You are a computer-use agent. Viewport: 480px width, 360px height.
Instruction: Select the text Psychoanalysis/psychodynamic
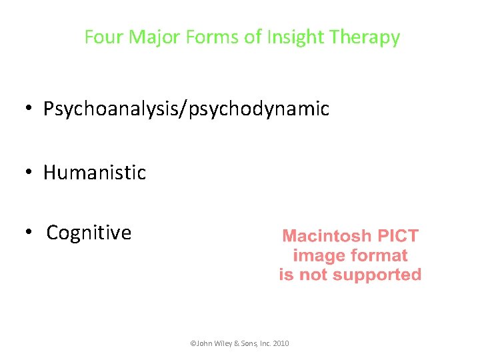point(186,109)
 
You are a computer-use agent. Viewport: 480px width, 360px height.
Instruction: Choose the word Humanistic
point(95,173)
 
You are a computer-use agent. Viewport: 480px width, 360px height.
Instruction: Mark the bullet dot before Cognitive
point(31,233)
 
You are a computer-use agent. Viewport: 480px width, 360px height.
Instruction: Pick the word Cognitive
point(89,233)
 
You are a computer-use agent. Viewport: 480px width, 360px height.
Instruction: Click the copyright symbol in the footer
point(193,344)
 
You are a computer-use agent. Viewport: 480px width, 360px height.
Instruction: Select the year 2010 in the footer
point(281,344)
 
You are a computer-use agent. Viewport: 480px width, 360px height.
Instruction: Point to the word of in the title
point(253,37)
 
